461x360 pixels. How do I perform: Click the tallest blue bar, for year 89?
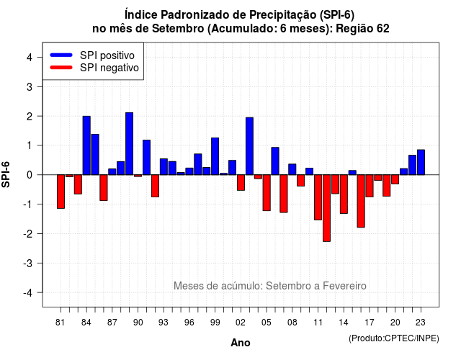[x=130, y=144]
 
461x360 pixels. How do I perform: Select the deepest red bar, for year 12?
[x=326, y=208]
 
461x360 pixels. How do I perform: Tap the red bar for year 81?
[x=61, y=192]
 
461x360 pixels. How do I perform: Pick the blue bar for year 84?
[x=86, y=145]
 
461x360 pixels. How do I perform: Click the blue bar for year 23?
[x=421, y=162]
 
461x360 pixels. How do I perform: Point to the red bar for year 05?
[x=267, y=193]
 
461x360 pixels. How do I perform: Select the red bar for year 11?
[x=318, y=197]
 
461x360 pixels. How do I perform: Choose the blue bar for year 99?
[x=215, y=156]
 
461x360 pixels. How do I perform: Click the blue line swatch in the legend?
[x=61, y=55]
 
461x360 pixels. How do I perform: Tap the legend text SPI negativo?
[x=109, y=68]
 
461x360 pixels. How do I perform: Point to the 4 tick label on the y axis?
[x=30, y=58]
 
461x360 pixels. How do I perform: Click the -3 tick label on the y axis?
[x=27, y=263]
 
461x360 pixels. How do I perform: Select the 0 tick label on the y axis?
[x=30, y=175]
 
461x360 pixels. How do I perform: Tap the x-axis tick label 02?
[x=241, y=323]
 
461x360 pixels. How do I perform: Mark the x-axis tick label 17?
[x=370, y=323]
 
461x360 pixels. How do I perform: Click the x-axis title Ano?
[x=241, y=343]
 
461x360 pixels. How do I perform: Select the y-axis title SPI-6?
[x=6, y=174]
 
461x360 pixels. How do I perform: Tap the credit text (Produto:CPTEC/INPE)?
[x=394, y=338]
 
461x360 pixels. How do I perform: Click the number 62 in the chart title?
[x=383, y=29]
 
